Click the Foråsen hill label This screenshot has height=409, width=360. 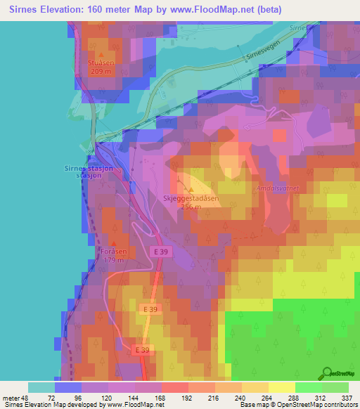pos(112,252)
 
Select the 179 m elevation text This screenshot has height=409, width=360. pos(112,260)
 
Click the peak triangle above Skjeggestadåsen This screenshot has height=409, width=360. pos(191,190)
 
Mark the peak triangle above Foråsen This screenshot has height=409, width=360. pos(113,243)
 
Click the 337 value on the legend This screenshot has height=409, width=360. pos(348,397)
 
